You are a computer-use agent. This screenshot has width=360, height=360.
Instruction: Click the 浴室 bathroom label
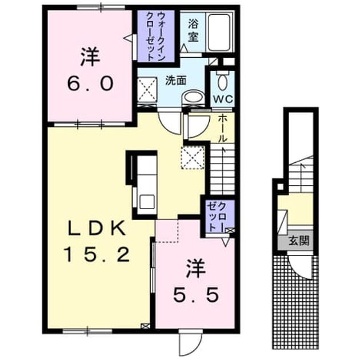pyautogui.click(x=193, y=30)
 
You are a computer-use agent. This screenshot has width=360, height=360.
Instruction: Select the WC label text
pyautogui.click(x=223, y=99)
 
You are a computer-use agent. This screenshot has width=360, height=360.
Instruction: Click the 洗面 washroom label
pyautogui.click(x=175, y=81)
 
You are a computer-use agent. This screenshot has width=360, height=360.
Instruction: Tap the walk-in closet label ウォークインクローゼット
pyautogui.click(x=155, y=36)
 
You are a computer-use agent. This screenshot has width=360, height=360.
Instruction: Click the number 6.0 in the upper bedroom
pyautogui.click(x=90, y=83)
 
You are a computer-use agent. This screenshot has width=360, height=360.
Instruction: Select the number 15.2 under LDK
pyautogui.click(x=98, y=254)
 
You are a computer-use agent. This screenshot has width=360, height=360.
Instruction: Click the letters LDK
pyautogui.click(x=97, y=228)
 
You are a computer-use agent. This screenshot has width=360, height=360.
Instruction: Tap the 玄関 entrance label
pyautogui.click(x=299, y=241)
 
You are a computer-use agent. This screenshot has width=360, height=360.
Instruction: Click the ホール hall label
pyautogui.click(x=222, y=129)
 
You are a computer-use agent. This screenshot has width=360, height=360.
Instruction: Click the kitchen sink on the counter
pyautogui.click(x=147, y=202)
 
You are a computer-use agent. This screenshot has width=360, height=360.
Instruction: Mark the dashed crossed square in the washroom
pyautogui.click(x=147, y=90)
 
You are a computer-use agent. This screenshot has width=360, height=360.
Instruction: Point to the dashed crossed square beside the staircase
pyautogui.click(x=193, y=158)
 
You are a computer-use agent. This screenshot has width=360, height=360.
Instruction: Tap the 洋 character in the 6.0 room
pyautogui.click(x=90, y=57)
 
